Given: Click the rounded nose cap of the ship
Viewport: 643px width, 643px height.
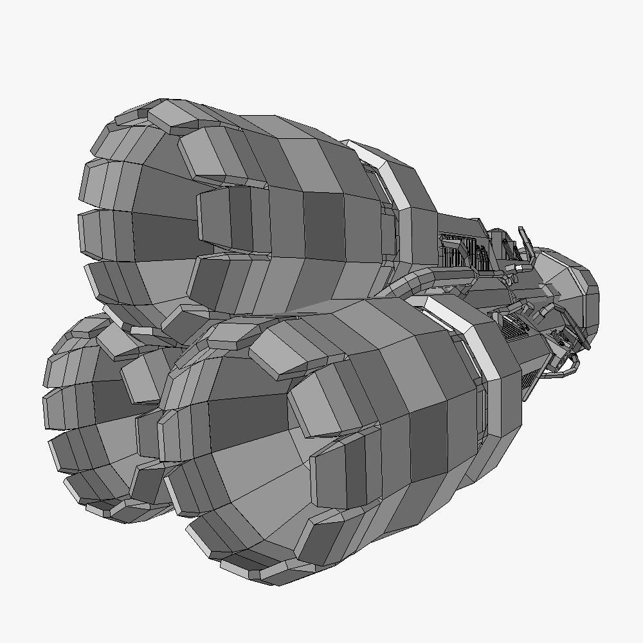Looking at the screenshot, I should pos(579,289).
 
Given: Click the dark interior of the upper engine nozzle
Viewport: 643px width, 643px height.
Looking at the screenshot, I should pos(161,238).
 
